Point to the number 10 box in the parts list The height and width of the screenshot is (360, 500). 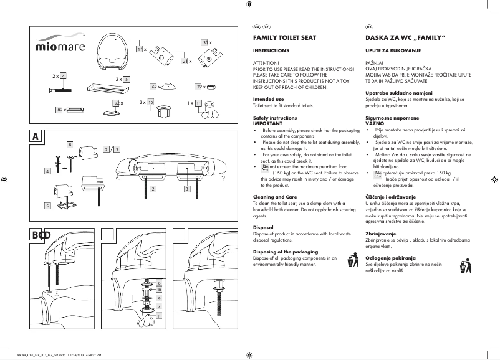point(151,102)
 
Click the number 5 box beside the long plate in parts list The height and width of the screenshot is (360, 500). point(126,80)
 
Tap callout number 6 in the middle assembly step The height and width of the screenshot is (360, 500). point(160,283)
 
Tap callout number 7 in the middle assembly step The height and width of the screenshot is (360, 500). point(160,306)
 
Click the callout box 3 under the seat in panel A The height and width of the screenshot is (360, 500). point(186,188)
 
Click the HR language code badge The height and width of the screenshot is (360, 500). point(368,26)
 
